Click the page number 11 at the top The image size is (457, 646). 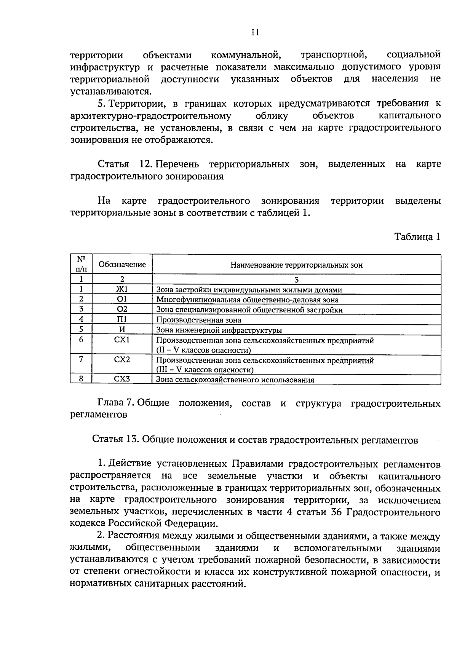click(255, 32)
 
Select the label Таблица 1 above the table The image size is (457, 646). click(417, 237)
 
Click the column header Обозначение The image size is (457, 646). click(122, 265)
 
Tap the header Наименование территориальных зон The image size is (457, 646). click(296, 265)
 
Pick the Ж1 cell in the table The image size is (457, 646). click(122, 289)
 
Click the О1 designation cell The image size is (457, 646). click(122, 299)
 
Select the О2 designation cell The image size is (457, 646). click(122, 309)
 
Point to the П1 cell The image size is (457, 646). click(122, 319)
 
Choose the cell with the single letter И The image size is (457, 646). click(122, 329)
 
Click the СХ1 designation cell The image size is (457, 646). click(122, 339)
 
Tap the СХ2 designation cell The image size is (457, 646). click(122, 359)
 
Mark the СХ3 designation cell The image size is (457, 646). click(122, 379)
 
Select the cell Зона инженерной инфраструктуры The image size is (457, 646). click(219, 330)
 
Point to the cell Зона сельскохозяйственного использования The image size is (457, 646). click(235, 380)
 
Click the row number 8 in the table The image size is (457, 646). click(81, 379)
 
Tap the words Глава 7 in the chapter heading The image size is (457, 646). click(114, 403)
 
